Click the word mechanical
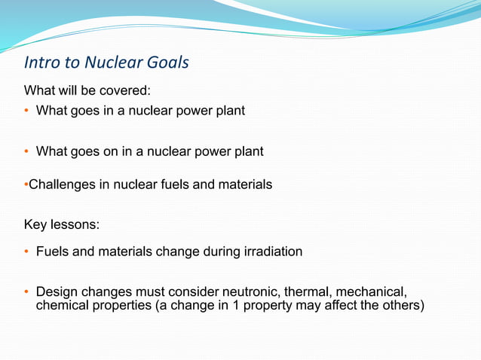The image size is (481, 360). coord(370,291)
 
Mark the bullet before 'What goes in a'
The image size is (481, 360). coord(27,111)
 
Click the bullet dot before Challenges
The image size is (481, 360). coord(26,184)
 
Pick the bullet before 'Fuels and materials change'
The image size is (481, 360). coord(27,252)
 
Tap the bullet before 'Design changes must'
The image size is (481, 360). coord(27,291)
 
